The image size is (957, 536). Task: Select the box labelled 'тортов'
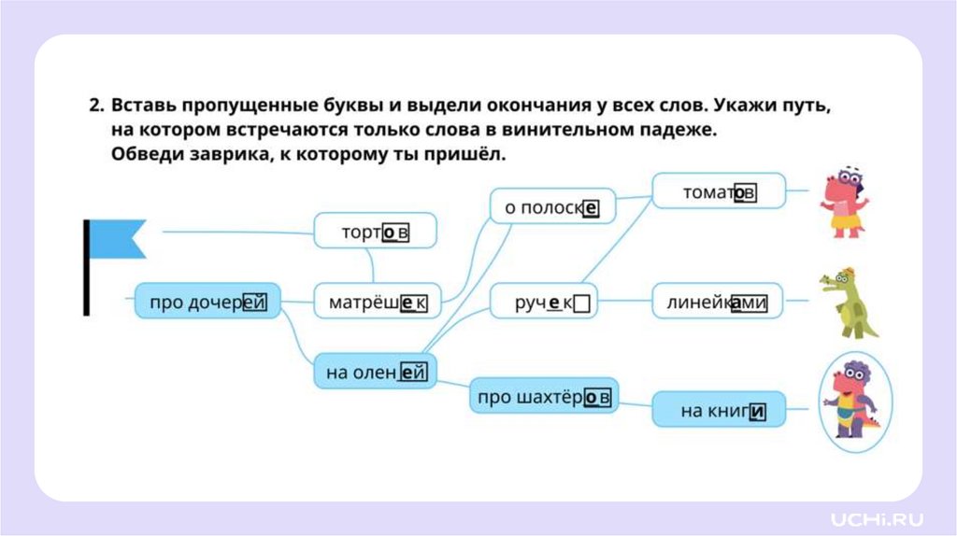point(375,231)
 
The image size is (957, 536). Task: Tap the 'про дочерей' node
point(207,302)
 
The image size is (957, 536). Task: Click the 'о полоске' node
point(552,206)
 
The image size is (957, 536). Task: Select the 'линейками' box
point(717,302)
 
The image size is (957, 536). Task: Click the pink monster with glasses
point(842,203)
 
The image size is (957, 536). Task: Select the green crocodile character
point(848,302)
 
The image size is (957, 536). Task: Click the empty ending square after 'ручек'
point(581,303)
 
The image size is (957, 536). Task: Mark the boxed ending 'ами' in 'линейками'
point(748,303)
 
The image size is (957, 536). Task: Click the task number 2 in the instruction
point(95,106)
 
